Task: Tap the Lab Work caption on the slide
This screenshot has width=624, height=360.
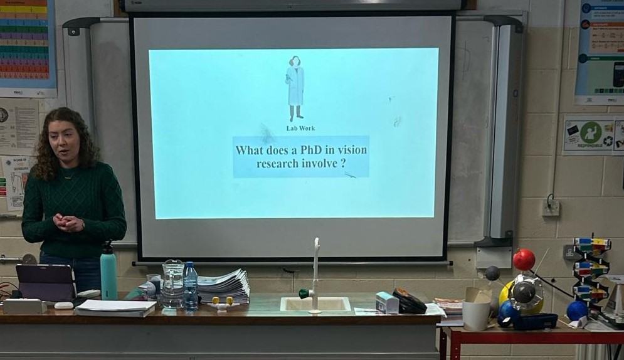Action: (300, 129)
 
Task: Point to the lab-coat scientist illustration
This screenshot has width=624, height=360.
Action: (295, 88)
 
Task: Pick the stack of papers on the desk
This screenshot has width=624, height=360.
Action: (223, 286)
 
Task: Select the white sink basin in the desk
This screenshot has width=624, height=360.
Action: (315, 304)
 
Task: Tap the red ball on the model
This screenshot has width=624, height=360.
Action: (524, 259)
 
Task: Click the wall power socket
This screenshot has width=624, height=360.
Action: (551, 206)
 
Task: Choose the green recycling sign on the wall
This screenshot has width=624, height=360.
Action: (589, 134)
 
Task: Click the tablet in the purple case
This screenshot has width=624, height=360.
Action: (46, 282)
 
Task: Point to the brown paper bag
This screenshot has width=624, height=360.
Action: (477, 308)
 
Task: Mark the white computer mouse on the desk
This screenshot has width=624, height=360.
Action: (63, 305)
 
